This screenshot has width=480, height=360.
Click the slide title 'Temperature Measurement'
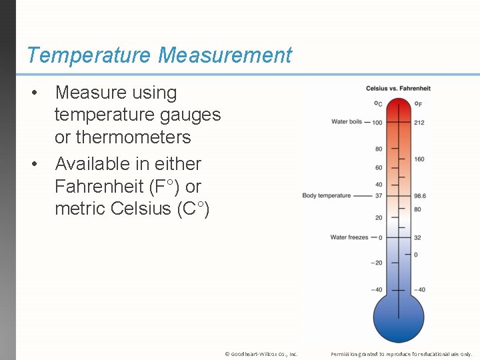click(159, 55)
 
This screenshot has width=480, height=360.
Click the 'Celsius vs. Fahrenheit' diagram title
click(398, 89)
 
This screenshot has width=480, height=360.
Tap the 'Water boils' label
click(347, 122)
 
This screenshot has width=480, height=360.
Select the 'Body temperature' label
click(326, 195)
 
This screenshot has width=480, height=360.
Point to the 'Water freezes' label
click(349, 237)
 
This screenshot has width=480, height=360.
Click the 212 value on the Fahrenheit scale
click(419, 122)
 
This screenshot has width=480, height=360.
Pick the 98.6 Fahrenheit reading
click(420, 196)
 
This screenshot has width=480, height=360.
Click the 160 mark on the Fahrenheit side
click(419, 159)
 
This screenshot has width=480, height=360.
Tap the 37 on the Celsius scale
click(378, 196)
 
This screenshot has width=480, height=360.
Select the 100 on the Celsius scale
click(377, 123)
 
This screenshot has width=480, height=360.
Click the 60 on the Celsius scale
click(379, 167)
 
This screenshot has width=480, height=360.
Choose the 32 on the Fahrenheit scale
click(417, 237)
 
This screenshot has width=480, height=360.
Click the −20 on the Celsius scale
click(377, 263)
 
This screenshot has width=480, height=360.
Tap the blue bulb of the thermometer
click(399, 318)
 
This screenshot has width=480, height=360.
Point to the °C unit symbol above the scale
click(378, 103)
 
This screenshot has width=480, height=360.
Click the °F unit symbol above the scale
click(418, 103)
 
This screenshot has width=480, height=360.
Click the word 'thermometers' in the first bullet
click(123, 137)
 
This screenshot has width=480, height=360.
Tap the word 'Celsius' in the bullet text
click(141, 209)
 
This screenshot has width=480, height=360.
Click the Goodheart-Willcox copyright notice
click(261, 354)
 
